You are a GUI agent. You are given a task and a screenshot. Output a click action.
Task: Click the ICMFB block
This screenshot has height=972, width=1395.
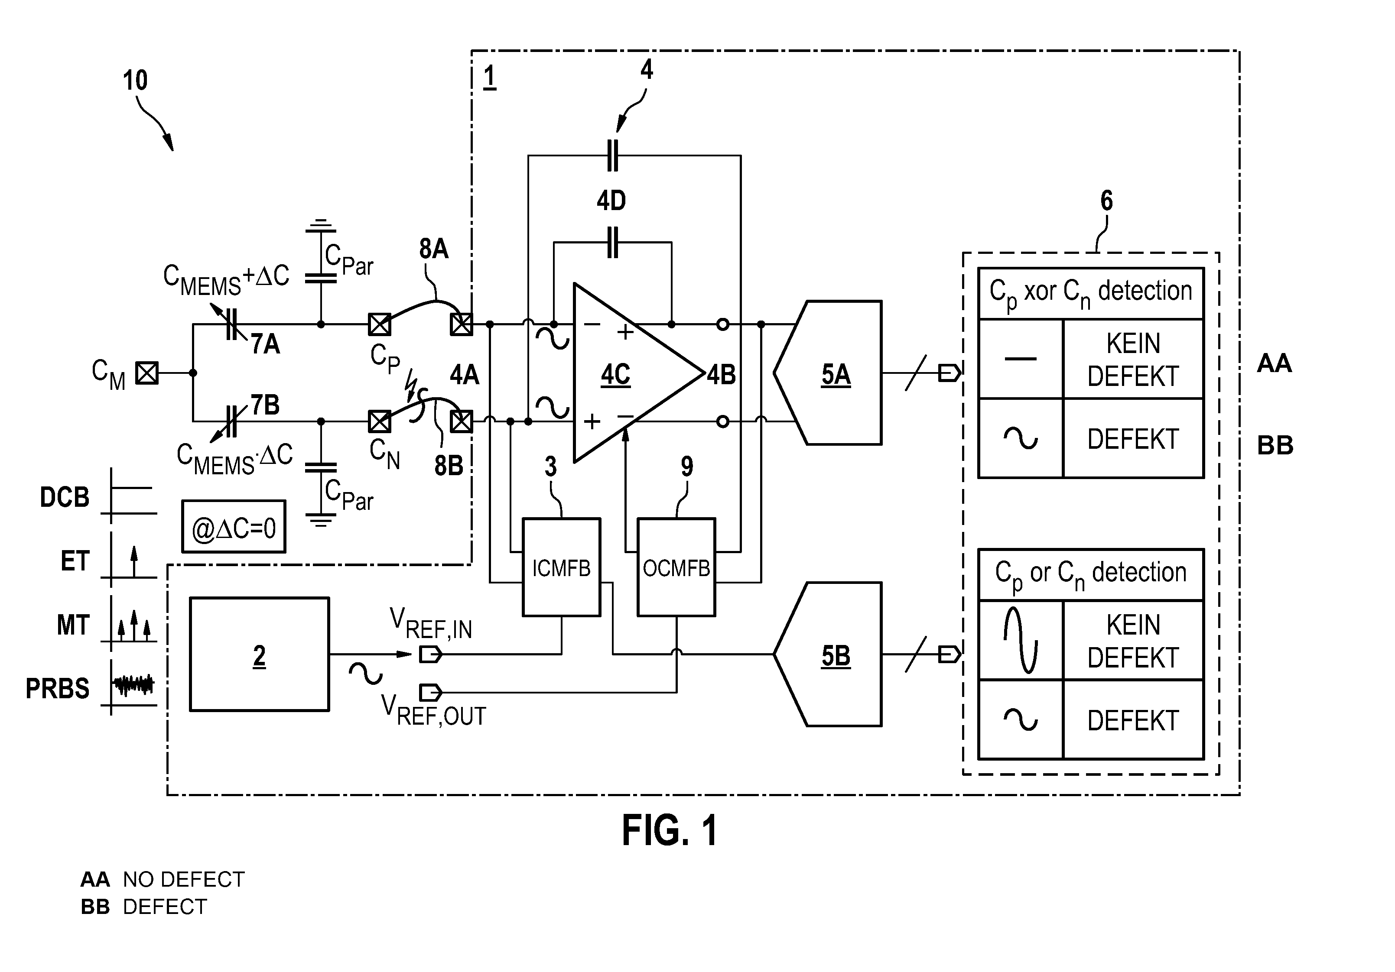tap(561, 567)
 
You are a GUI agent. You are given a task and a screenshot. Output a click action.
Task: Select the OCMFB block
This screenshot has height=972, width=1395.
tap(676, 567)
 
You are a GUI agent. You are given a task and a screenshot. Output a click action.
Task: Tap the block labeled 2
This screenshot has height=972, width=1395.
tap(260, 654)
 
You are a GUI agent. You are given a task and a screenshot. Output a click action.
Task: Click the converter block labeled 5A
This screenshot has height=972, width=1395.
tap(828, 373)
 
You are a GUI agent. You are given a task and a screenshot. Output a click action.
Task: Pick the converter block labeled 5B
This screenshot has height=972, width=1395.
tap(828, 654)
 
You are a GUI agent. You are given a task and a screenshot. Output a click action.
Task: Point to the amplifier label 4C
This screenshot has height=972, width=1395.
tap(615, 375)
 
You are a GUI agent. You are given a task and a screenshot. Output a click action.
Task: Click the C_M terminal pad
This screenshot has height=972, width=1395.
tap(146, 373)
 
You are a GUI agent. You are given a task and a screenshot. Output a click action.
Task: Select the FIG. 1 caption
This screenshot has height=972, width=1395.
tap(670, 830)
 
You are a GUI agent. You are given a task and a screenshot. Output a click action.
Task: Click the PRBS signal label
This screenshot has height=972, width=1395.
tap(58, 688)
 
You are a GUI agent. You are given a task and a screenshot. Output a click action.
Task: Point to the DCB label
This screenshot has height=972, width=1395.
tap(65, 497)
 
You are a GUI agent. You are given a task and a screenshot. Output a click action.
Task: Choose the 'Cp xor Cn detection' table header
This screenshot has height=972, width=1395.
tap(1091, 293)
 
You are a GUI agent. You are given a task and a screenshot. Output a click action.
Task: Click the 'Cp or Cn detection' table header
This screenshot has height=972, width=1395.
tap(1091, 575)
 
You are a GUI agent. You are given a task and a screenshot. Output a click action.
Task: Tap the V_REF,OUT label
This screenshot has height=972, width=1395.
tap(433, 711)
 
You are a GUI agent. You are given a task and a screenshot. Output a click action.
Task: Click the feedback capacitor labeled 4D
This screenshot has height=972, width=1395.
tap(612, 242)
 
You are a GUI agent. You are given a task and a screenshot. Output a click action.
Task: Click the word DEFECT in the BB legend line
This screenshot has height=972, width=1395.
tap(165, 907)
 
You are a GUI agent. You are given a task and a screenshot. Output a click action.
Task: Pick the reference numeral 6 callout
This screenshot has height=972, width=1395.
tap(1106, 201)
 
